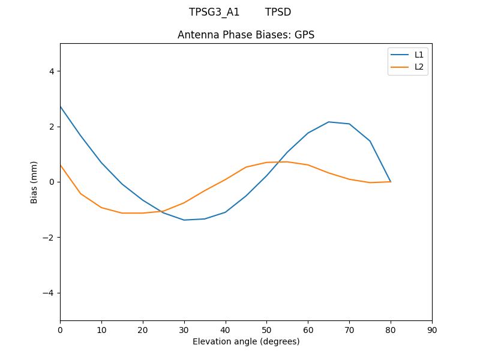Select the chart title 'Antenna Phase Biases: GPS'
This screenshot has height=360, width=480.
point(246,35)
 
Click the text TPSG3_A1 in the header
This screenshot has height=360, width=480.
point(214,12)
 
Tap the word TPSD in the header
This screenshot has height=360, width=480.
point(278,12)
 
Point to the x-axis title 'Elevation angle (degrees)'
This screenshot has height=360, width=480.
point(246,341)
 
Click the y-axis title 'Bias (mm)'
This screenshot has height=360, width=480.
point(34,182)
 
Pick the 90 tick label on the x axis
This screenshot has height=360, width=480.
point(432,329)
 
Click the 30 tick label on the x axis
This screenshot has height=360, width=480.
point(184,329)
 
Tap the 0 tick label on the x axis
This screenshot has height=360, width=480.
point(60,329)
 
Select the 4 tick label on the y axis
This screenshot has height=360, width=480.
point(51,71)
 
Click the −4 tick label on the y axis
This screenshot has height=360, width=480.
point(49,293)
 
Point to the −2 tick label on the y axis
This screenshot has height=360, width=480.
point(49,238)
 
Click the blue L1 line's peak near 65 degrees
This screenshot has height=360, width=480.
point(329,122)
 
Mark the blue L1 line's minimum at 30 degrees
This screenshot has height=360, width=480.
point(184,220)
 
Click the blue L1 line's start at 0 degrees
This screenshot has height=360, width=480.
point(61,107)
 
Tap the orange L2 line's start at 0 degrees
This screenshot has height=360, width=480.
point(61,165)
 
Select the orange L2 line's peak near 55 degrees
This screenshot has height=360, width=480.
point(287,162)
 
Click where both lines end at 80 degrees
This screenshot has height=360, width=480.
point(391,181)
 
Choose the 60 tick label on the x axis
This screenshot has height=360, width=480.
point(308,329)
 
